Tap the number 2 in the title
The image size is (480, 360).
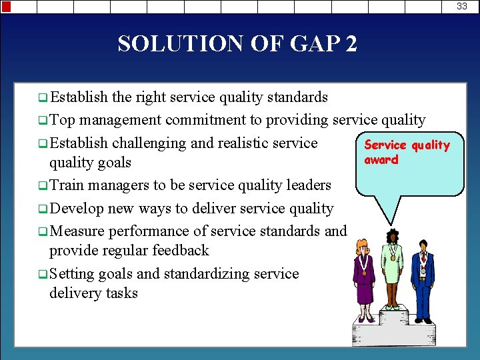[351, 44]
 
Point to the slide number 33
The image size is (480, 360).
[461, 6]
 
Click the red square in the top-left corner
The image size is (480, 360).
[6, 6]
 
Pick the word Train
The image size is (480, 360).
[67, 185]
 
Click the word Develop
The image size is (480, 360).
[76, 208]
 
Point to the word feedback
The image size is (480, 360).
[180, 251]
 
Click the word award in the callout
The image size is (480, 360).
[381, 160]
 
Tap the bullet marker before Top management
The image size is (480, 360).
[43, 121]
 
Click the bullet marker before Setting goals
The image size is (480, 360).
[43, 274]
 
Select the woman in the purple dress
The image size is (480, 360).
[365, 279]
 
